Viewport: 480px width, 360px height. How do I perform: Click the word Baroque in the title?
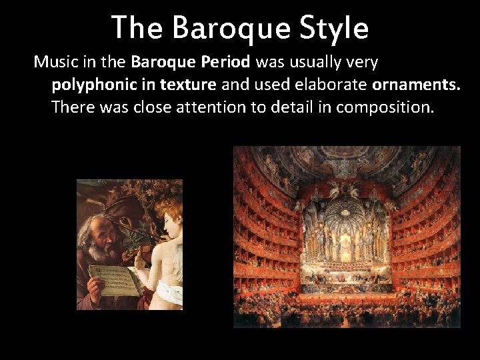coord(221,28)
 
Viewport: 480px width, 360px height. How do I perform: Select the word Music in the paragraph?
coord(55,63)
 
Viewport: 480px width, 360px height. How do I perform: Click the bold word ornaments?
coord(417,85)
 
